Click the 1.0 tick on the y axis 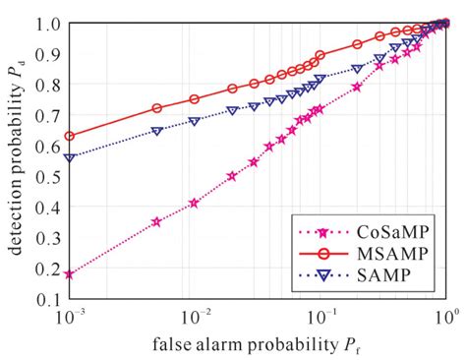click(x=48, y=22)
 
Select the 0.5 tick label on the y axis click(x=48, y=177)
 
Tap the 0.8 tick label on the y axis click(x=48, y=84)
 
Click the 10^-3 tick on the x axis click(x=71, y=317)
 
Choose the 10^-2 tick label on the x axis click(x=197, y=317)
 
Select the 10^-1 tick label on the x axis click(x=321, y=317)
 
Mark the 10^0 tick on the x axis click(x=444, y=317)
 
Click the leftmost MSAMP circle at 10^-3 click(x=69, y=136)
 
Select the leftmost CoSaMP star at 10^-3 click(x=69, y=274)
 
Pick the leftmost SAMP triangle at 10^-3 click(x=69, y=157)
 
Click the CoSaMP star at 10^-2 click(x=194, y=204)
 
